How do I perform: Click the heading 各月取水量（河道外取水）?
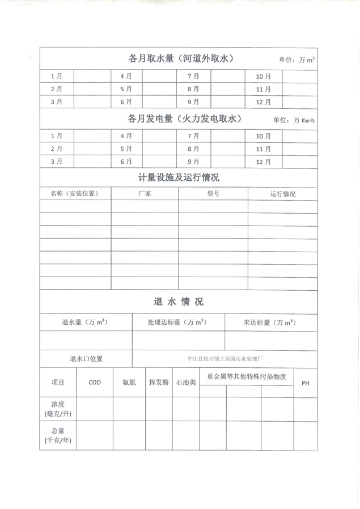181,58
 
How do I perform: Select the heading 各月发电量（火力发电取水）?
185,119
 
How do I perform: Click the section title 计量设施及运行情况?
179,177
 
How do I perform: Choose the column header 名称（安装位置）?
74,194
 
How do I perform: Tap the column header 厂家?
145,194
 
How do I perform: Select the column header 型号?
213,194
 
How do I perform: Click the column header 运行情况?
283,194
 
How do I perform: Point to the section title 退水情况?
178,301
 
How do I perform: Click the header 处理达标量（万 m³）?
178,323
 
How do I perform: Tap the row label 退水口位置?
86,359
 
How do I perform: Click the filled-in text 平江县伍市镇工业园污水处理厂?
225,359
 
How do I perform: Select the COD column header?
95,383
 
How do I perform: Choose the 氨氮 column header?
129,383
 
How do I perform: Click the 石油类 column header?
186,383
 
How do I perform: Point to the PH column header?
305,383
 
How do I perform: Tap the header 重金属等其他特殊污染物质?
246,376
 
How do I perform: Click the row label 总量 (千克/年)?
58,435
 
